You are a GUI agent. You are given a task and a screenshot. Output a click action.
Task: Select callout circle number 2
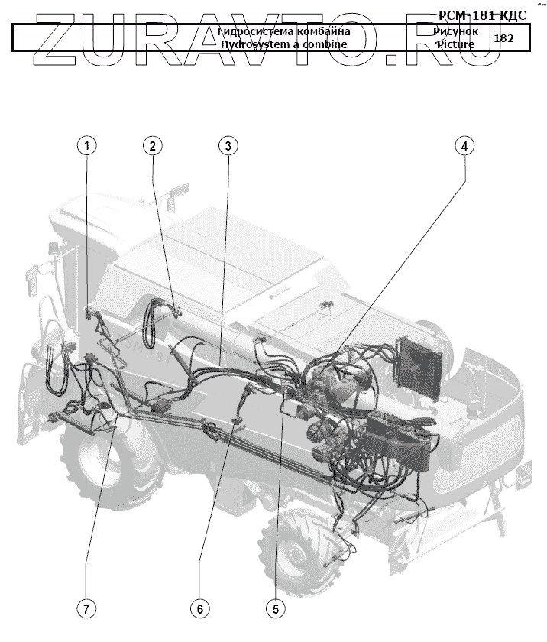[153, 144]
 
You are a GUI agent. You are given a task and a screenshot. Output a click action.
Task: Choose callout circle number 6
[199, 608]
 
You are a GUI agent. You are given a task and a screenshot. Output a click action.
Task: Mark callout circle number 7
[86, 608]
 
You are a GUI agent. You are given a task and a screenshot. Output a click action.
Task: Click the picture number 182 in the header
[503, 37]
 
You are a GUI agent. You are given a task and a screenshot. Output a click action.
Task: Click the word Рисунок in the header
[455, 32]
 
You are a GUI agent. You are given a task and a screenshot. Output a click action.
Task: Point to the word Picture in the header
[455, 44]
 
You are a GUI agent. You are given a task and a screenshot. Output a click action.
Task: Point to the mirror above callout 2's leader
[180, 189]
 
